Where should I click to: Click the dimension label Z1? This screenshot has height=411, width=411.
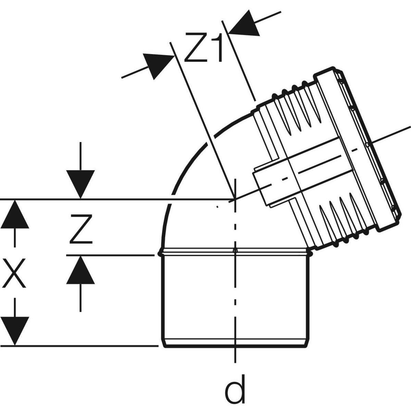click(x=203, y=48)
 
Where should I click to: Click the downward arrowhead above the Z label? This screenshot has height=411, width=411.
click(x=80, y=183)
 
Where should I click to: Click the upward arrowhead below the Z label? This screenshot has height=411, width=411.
click(x=80, y=271)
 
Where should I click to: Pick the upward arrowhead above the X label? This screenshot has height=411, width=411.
click(x=14, y=214)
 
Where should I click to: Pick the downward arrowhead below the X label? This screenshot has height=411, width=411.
click(x=14, y=331)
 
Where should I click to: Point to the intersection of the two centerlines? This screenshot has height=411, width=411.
click(x=235, y=199)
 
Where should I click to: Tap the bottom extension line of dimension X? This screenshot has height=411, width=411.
click(x=86, y=346)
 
